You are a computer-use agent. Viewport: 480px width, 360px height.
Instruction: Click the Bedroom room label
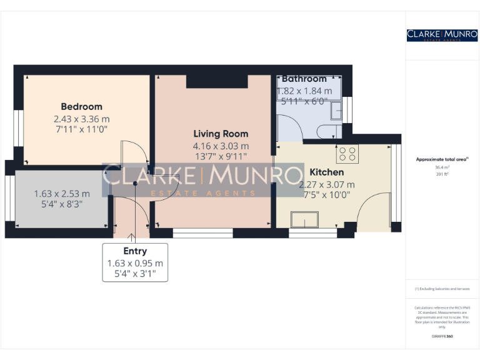point(81,106)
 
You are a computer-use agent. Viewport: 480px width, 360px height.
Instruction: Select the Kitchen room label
point(327,172)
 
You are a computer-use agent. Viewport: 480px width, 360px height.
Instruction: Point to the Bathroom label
point(304,79)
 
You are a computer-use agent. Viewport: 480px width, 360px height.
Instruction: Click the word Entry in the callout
point(135,251)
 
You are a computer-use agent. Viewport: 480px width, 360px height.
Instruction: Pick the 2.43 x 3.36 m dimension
point(81,119)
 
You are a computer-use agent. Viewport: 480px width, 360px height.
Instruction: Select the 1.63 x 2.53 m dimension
point(62,193)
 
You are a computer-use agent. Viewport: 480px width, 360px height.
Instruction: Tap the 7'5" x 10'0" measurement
point(327,194)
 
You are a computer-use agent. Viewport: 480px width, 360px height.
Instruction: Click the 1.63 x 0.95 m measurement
point(135,263)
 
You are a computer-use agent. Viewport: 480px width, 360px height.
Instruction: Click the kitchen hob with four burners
point(347,154)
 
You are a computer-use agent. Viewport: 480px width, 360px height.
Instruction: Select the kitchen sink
point(305,220)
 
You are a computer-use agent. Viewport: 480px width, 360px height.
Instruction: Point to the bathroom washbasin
point(336,111)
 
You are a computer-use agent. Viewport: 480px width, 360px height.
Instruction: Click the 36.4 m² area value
point(442,167)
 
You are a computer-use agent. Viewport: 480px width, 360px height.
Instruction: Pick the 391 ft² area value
point(442,174)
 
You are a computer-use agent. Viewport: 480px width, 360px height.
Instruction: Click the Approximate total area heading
point(442,159)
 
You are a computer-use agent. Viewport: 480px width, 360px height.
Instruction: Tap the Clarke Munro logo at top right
point(442,35)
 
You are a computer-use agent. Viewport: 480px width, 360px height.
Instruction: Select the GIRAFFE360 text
point(442,337)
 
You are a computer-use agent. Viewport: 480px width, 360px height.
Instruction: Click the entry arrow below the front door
point(131,237)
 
